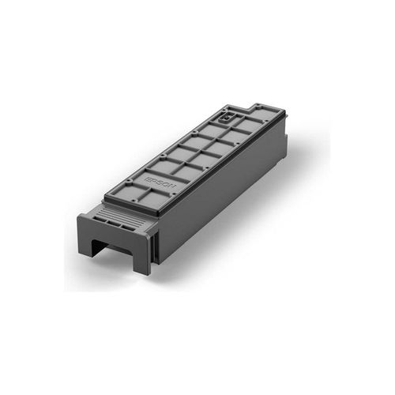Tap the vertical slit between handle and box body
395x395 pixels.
(x=156, y=241)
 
